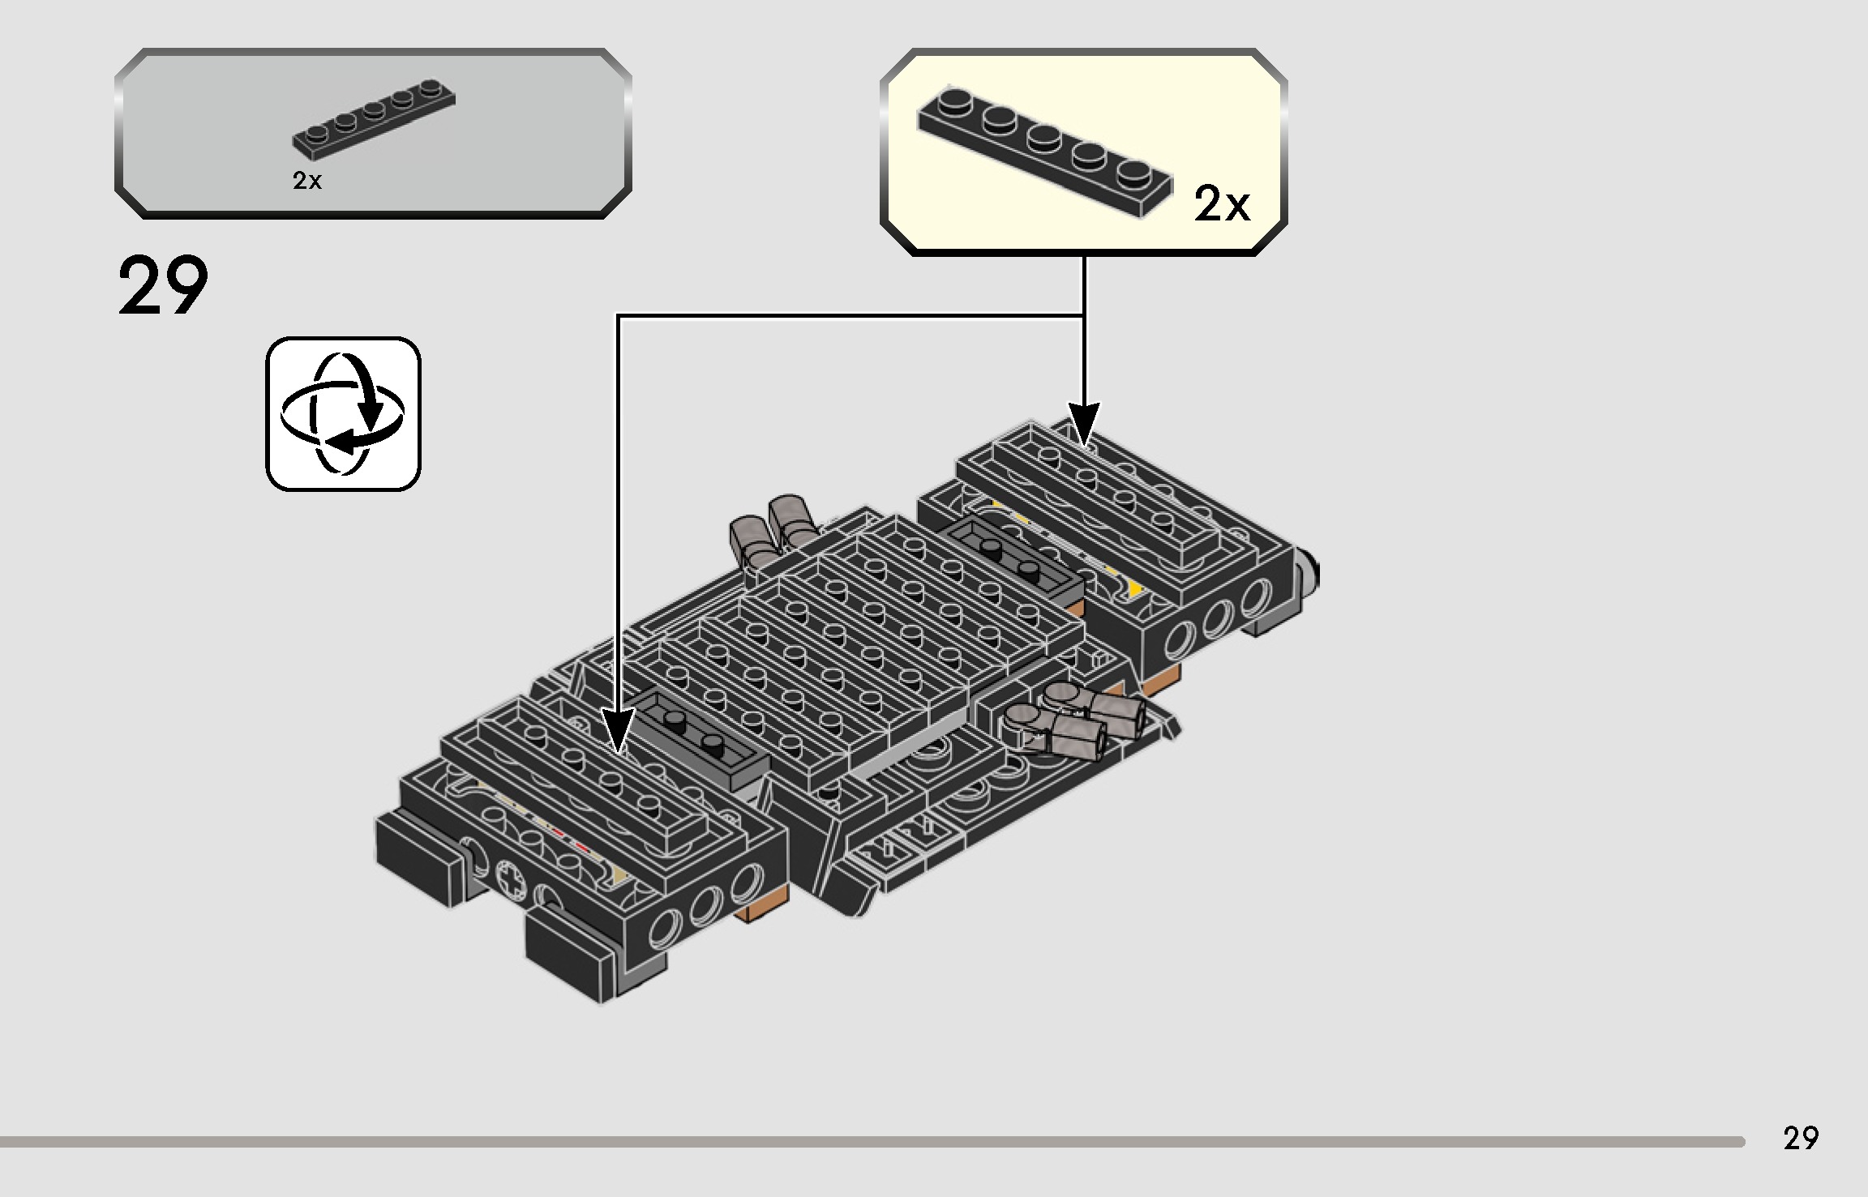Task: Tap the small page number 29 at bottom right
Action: pos(1801,1138)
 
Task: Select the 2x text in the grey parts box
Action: pos(307,182)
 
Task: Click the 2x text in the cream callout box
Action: pos(1222,204)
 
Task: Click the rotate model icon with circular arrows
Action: pos(343,413)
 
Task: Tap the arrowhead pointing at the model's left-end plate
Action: pos(618,733)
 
